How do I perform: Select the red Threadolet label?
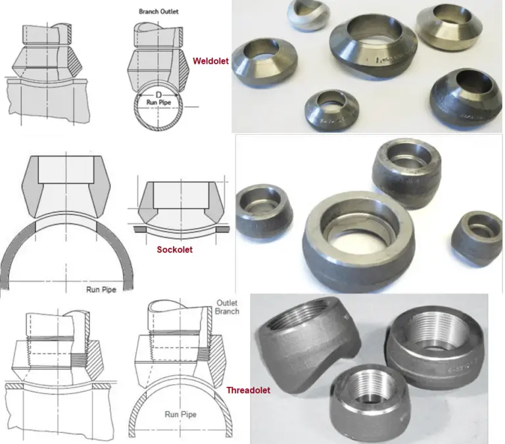[x=249, y=390]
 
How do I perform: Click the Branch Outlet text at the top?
[x=159, y=12]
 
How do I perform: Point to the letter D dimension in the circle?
[x=158, y=95]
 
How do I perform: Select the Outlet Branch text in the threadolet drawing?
[x=228, y=307]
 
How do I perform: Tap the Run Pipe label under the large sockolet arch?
[x=102, y=288]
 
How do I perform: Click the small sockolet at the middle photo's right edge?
[x=477, y=234]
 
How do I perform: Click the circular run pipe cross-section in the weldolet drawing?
[x=158, y=109]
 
